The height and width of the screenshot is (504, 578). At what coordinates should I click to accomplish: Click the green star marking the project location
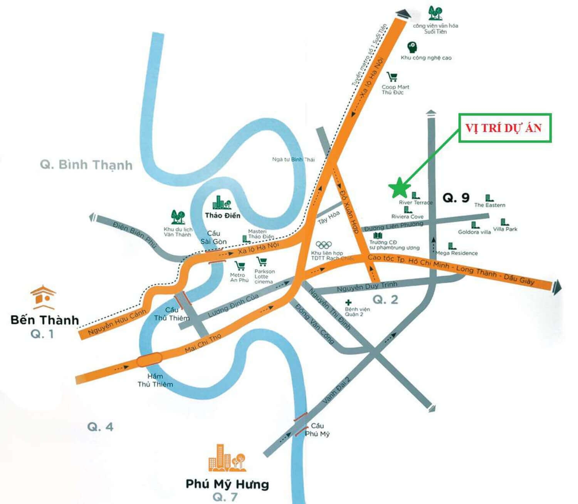[x=399, y=187]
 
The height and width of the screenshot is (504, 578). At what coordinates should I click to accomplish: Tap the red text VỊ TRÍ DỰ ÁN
[x=504, y=128]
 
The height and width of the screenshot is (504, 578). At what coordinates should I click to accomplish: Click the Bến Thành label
[x=45, y=320]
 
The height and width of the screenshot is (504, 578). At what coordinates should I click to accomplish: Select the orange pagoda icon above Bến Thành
[x=44, y=297]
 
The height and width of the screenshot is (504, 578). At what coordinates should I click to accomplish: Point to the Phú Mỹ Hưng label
[x=227, y=484]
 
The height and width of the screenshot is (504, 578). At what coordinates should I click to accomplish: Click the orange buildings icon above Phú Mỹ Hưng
[x=227, y=459]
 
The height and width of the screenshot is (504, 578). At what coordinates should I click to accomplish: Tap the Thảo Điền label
[x=222, y=215]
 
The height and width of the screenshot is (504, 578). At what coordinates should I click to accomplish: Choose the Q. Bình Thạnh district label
[x=86, y=165]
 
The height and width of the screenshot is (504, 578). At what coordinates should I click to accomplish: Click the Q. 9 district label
[x=456, y=198]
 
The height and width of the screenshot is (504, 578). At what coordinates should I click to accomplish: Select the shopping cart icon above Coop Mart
[x=392, y=77]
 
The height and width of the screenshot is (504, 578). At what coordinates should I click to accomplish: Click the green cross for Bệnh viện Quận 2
[x=348, y=302]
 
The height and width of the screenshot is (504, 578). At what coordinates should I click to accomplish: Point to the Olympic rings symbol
[x=324, y=245]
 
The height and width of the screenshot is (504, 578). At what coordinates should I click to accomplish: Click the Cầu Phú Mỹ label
[x=317, y=430]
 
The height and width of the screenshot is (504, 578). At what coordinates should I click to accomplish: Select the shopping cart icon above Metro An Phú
[x=240, y=265]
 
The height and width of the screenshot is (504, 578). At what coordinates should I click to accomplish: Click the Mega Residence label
[x=457, y=253]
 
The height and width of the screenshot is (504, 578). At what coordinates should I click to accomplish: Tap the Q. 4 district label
[x=100, y=427]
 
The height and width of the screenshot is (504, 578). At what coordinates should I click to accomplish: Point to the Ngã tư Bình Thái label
[x=293, y=159]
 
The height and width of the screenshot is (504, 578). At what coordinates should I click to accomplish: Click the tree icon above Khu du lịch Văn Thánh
[x=178, y=217]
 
